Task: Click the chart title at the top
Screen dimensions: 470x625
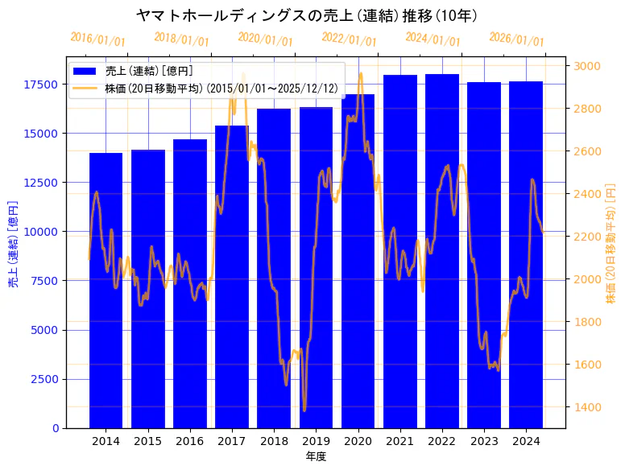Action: pyautogui.click(x=307, y=16)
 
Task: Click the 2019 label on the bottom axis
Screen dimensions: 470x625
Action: pyautogui.click(x=316, y=441)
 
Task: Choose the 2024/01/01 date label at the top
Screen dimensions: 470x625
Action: pyautogui.click(x=433, y=39)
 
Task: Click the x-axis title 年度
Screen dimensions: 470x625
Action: pyautogui.click(x=316, y=456)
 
